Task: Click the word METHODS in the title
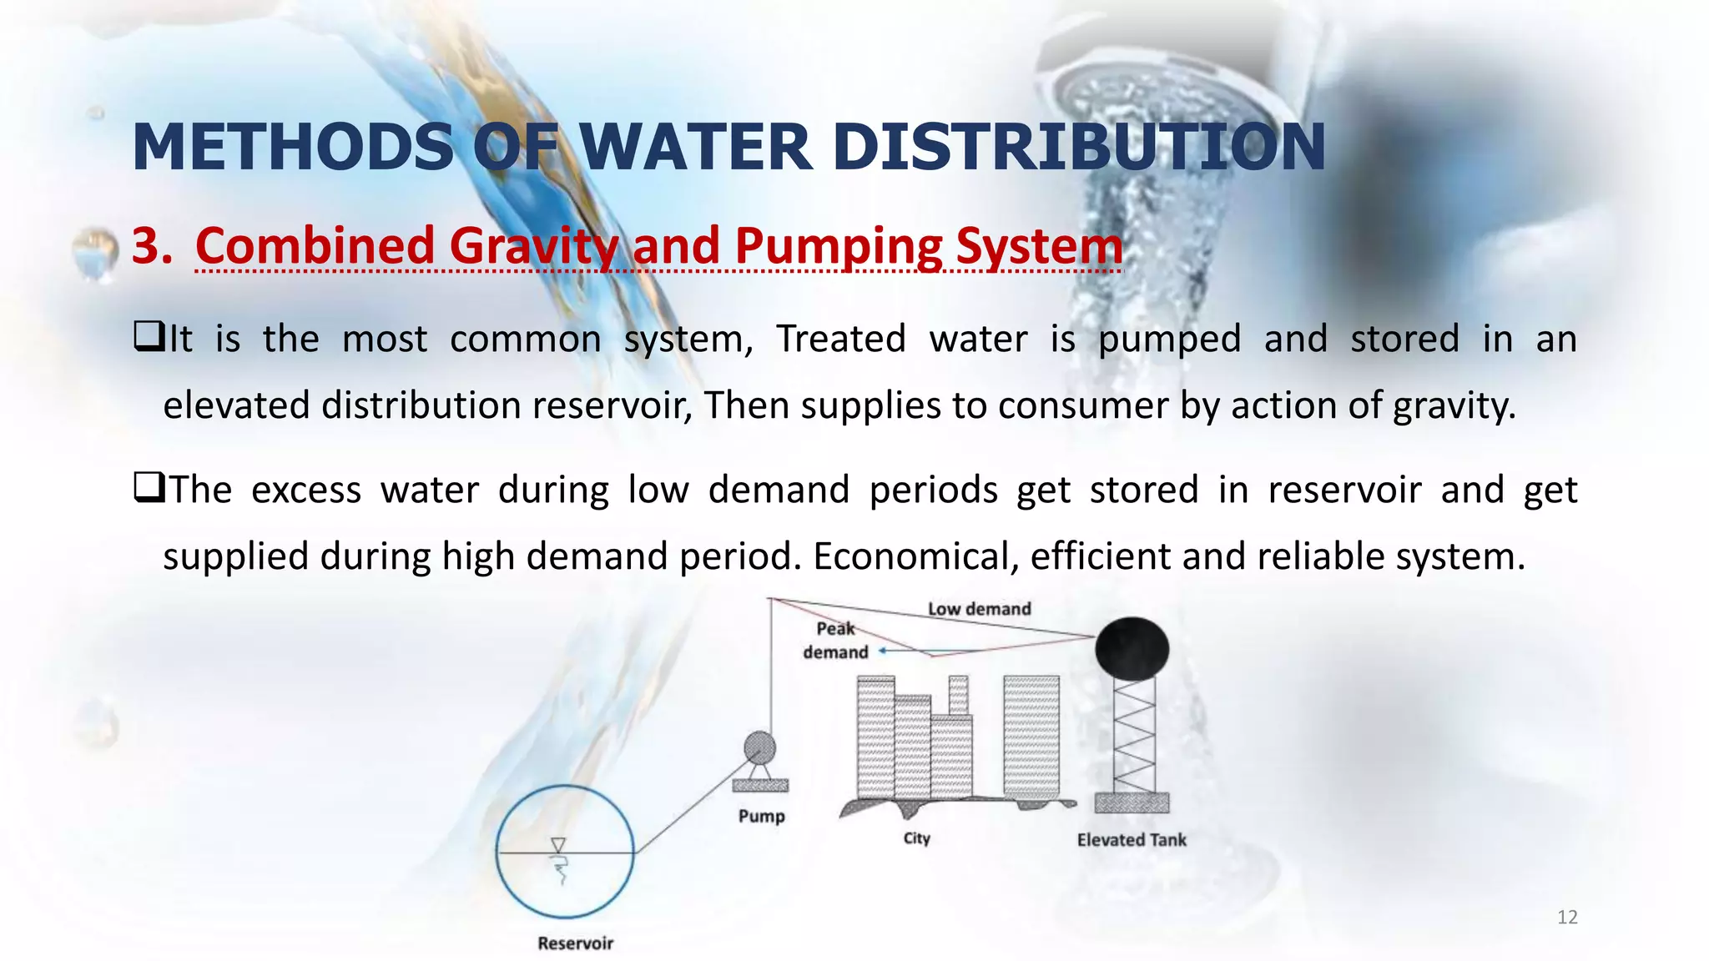tap(293, 148)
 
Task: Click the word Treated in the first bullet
tap(840, 339)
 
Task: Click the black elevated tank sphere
tap(1132, 648)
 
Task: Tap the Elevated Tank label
tap(1132, 840)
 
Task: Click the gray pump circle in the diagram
tap(759, 747)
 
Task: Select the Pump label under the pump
tap(761, 816)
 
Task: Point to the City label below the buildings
tap(916, 838)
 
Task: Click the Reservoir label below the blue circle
tap(575, 943)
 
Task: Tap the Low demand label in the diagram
tap(979, 609)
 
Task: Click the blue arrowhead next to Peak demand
tap(883, 651)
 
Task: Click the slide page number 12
tap(1567, 918)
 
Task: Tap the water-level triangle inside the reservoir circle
tap(558, 845)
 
